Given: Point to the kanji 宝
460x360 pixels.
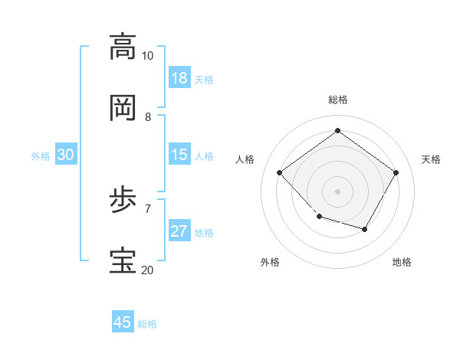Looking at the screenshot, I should pos(123,261).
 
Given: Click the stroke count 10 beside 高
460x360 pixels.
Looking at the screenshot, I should pos(147,56).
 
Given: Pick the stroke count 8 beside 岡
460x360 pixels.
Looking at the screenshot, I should pos(147,116).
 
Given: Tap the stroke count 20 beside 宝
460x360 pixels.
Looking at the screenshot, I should pos(147,270).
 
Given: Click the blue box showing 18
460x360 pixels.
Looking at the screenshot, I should pos(179,78).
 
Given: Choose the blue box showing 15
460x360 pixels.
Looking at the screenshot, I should pos(179,155).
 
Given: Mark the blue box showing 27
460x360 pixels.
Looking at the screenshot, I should pos(179,231).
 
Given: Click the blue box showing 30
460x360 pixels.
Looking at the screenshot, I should pos(66,155).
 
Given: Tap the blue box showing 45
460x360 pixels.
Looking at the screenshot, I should pos(123,322).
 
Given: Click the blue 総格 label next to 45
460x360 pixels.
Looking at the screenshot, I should pos(147,324).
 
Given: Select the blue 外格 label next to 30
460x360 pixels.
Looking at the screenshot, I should pos(41,156).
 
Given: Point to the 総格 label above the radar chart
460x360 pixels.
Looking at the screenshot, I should pos(338,100).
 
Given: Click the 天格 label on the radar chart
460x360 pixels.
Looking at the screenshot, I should pos(431,159).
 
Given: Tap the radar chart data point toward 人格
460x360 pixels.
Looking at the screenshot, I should pos(280,172).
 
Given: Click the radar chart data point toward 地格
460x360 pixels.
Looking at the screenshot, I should pos(365,229).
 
